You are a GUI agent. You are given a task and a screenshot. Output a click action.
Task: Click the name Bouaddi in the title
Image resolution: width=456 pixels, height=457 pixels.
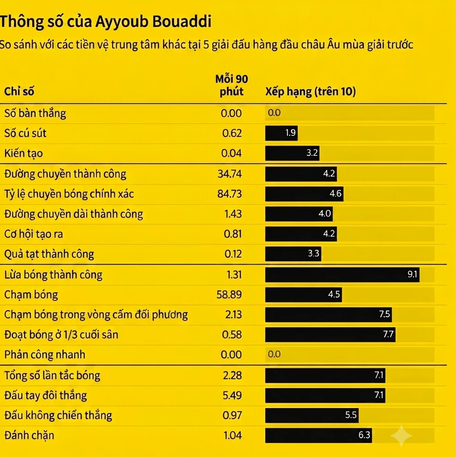point(182,21)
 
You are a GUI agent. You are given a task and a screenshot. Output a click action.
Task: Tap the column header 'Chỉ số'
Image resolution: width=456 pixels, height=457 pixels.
point(19,92)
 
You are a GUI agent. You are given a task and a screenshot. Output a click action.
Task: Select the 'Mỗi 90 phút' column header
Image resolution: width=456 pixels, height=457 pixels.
point(231,85)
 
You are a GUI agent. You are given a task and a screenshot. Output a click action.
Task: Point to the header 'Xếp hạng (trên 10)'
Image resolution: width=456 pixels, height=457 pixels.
point(311,92)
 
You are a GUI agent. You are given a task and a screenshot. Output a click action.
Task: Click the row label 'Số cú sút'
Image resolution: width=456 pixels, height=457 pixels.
point(25,133)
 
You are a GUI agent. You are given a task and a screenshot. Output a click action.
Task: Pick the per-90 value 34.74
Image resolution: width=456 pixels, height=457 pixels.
point(230,174)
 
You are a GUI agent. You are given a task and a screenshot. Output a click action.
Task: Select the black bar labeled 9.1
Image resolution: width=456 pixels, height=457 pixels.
point(342,275)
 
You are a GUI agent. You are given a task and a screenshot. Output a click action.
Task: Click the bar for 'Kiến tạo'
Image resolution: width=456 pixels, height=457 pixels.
point(292,153)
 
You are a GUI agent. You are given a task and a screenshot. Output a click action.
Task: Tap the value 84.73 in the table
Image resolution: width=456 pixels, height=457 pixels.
point(230,194)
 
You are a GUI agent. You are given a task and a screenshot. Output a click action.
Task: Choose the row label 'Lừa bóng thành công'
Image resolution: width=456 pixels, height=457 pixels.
point(53,275)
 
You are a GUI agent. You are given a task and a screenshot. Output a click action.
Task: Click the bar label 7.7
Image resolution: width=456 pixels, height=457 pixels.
point(388,334)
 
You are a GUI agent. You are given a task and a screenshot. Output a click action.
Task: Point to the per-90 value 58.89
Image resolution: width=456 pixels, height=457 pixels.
point(229,295)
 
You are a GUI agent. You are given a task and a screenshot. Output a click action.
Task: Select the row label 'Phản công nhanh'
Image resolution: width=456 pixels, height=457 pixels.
point(44,355)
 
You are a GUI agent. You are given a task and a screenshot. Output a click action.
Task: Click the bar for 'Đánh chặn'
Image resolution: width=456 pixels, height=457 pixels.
point(319,435)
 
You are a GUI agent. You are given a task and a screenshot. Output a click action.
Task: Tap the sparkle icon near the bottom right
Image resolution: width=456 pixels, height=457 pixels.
point(401,436)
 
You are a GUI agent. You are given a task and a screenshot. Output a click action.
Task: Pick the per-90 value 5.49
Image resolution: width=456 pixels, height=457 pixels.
point(232,395)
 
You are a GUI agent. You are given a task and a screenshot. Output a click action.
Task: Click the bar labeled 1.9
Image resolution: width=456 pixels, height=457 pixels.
point(281,133)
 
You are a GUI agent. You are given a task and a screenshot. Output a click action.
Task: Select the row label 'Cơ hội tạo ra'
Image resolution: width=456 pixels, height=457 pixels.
point(33,234)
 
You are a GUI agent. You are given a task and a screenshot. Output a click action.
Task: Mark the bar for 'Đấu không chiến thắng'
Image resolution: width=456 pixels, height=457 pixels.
point(312,415)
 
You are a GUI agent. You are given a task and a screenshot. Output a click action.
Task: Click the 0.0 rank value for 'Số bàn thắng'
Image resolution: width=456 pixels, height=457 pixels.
point(274,113)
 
